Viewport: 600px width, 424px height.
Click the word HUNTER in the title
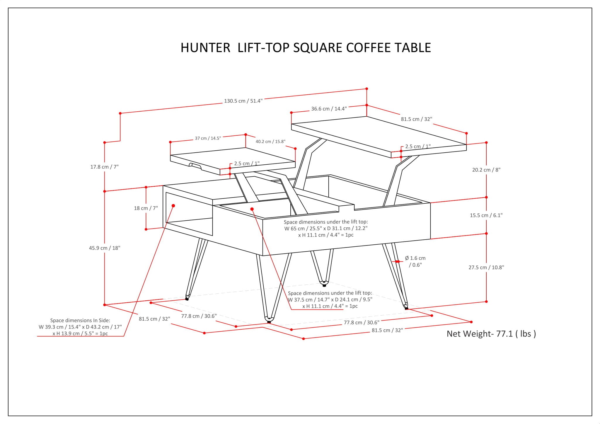(x=205, y=48)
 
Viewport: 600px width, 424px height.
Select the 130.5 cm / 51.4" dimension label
(x=243, y=101)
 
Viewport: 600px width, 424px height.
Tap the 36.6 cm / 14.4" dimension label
(x=329, y=109)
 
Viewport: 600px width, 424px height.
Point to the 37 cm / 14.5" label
(x=208, y=138)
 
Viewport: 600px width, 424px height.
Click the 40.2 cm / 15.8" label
(x=270, y=142)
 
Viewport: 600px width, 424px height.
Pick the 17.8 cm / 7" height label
(x=104, y=167)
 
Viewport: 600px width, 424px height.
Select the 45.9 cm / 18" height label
(x=105, y=248)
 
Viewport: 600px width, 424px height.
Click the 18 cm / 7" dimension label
(x=146, y=208)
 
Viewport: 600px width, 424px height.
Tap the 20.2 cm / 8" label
(x=486, y=170)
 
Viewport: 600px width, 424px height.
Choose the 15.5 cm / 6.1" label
(x=486, y=215)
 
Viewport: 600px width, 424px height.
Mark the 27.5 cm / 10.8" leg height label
(x=486, y=268)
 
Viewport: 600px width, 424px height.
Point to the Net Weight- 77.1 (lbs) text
(x=491, y=334)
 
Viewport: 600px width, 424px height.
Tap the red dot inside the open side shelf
(x=173, y=206)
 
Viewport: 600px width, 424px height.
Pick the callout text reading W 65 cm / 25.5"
(x=326, y=228)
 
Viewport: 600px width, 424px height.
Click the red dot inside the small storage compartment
(x=252, y=209)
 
